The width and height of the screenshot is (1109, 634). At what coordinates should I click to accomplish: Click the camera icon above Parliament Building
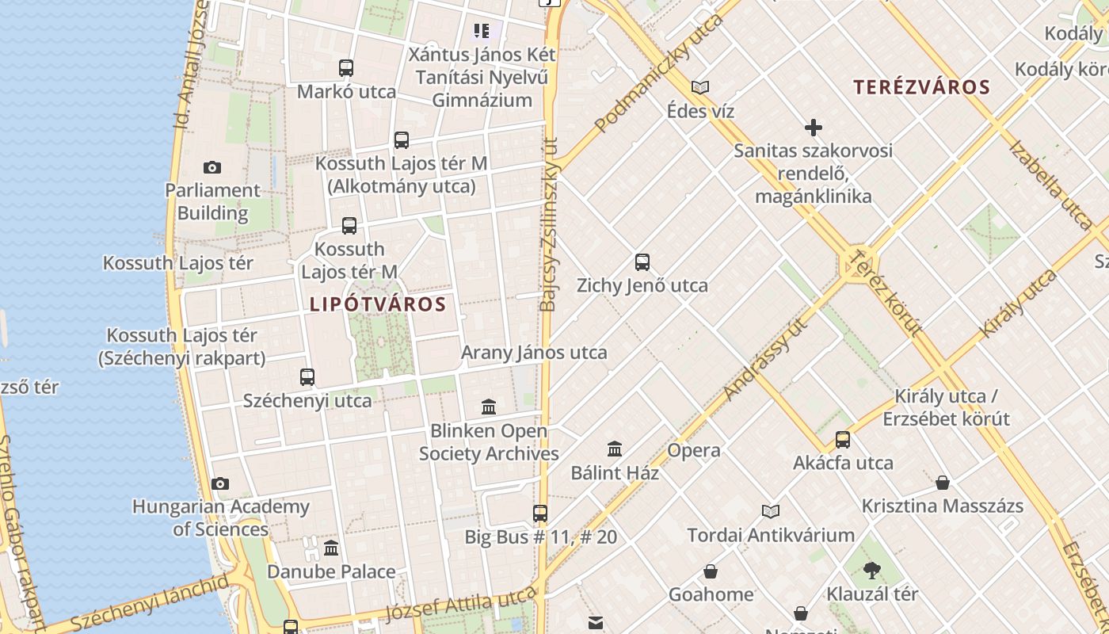click(x=212, y=167)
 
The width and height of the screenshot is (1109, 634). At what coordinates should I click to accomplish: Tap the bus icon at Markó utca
click(x=346, y=68)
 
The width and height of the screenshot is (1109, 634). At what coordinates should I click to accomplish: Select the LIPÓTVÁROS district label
click(x=378, y=304)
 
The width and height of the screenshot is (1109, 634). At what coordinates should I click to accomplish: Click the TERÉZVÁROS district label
click(x=921, y=87)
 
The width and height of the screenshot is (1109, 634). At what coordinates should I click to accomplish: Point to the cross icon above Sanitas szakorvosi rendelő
click(x=813, y=127)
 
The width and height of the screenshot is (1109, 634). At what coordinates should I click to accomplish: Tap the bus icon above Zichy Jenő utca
click(x=642, y=262)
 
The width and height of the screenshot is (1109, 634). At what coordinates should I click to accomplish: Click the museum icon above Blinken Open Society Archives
click(x=489, y=407)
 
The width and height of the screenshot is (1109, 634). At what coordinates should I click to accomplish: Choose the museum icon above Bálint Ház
click(x=615, y=449)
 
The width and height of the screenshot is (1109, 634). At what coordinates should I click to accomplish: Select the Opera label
click(x=694, y=450)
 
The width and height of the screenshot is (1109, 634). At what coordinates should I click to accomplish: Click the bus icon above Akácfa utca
click(x=843, y=440)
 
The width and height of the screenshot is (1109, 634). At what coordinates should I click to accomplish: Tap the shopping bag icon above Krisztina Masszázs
click(x=943, y=483)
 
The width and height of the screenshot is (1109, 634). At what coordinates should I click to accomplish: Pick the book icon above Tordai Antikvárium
click(x=771, y=512)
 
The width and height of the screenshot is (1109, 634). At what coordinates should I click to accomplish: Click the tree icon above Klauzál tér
click(x=872, y=570)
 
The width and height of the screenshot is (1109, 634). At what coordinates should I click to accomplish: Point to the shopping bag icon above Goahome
click(x=711, y=571)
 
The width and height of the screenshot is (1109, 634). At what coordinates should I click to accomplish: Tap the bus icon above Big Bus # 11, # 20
click(x=540, y=514)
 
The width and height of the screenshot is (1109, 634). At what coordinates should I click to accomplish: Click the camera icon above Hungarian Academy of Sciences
click(x=220, y=483)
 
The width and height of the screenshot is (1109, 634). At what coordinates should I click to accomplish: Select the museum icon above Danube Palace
click(x=331, y=548)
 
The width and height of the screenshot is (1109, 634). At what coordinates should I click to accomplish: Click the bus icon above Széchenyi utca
click(x=307, y=377)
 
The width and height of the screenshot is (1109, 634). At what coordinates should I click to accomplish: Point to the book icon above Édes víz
click(x=700, y=87)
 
